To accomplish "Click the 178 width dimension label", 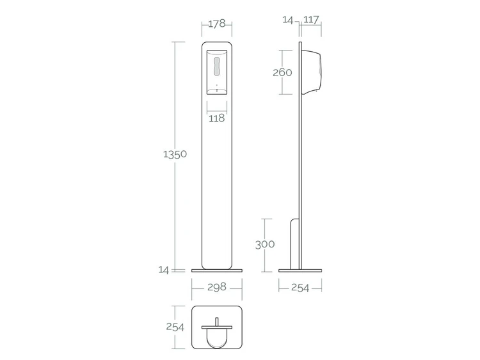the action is (x=217, y=24).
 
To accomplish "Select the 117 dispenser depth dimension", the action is (x=311, y=20).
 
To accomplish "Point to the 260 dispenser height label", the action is (x=282, y=72).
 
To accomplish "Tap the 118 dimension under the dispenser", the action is (x=217, y=118).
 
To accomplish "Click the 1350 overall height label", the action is (x=175, y=154).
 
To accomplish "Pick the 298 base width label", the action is (x=217, y=287).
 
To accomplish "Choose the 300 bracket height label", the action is (x=265, y=244).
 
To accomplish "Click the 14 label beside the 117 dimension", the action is (x=288, y=20).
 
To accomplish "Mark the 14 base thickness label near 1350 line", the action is (x=164, y=270).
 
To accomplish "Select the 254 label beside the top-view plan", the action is (x=175, y=327).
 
